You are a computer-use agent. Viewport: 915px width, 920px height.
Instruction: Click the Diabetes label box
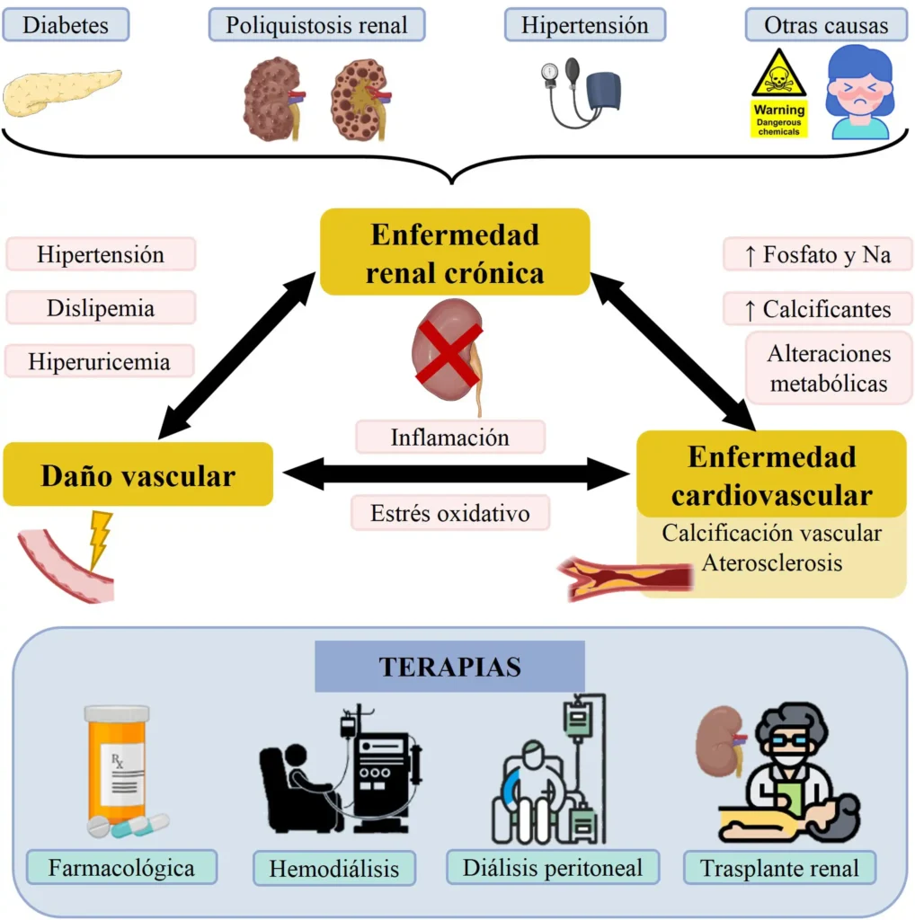point(66,24)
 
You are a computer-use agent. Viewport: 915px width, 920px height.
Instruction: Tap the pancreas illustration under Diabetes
point(60,93)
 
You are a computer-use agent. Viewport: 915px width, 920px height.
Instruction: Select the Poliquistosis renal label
point(316,24)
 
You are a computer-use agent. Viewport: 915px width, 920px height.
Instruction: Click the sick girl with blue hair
point(859,94)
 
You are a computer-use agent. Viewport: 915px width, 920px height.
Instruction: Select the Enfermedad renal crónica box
point(455,252)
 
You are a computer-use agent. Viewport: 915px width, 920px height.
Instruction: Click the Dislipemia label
point(101,308)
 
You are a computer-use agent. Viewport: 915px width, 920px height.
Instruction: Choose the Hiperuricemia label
point(100,361)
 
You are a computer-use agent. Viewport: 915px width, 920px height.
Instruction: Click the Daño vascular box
point(138,473)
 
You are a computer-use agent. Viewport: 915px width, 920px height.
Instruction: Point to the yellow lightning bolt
point(99,539)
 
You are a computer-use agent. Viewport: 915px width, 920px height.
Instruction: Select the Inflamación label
point(449,437)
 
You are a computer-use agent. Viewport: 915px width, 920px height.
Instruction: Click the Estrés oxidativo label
point(449,513)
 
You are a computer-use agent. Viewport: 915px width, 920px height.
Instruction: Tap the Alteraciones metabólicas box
point(828,368)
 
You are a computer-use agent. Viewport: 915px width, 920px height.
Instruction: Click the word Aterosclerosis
point(771,563)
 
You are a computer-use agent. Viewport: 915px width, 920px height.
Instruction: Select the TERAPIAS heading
point(449,667)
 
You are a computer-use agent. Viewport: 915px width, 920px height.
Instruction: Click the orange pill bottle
point(118,764)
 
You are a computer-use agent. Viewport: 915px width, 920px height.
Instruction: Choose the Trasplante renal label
point(779,869)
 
